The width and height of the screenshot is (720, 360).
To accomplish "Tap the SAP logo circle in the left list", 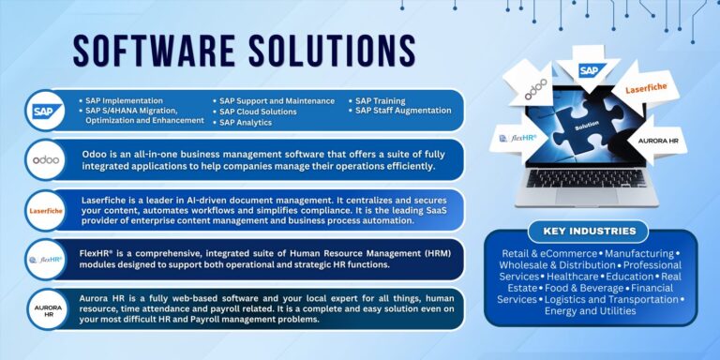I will pyautogui.click(x=44, y=111).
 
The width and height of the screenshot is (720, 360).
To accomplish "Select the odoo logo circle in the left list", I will pyautogui.click(x=44, y=158).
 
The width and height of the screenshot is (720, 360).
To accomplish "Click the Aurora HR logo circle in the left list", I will pyautogui.click(x=44, y=308).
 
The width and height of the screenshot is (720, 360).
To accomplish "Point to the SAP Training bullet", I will pyautogui.click(x=380, y=100).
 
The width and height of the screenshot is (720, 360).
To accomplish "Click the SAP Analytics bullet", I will pyautogui.click(x=246, y=123).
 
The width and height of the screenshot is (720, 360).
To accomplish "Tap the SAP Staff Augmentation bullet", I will pyautogui.click(x=402, y=111).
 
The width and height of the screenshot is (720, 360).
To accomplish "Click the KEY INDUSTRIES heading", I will pyautogui.click(x=589, y=231).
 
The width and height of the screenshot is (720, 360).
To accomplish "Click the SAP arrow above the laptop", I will pyautogui.click(x=589, y=70).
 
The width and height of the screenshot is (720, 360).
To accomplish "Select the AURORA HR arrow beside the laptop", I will pyautogui.click(x=657, y=140).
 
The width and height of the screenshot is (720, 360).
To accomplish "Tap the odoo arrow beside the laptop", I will pyautogui.click(x=535, y=92).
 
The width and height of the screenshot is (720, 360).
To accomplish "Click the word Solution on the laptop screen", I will pyautogui.click(x=588, y=124).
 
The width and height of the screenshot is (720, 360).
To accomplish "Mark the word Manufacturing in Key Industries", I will pyautogui.click(x=640, y=253).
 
